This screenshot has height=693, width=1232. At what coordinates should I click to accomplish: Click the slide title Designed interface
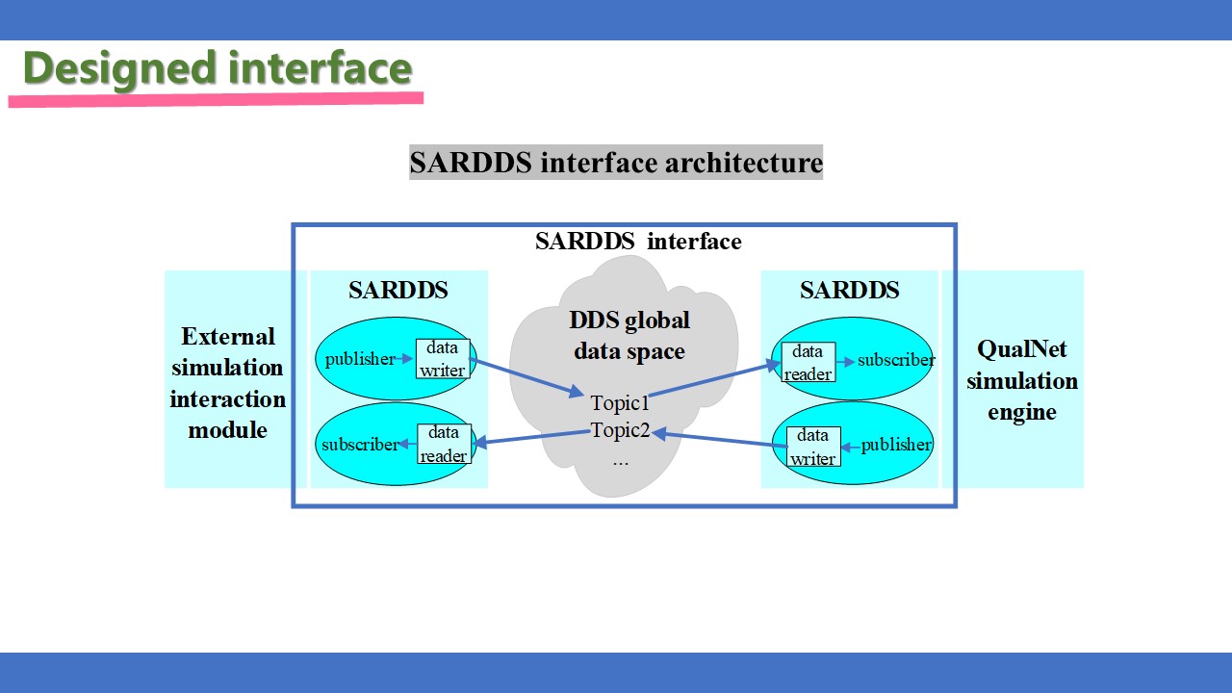pyautogui.click(x=218, y=68)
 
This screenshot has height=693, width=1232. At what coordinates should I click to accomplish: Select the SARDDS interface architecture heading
pyautogui.click(x=616, y=163)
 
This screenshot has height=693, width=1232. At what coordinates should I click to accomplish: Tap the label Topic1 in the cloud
pyautogui.click(x=620, y=403)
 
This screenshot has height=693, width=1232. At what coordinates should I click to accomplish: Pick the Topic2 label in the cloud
pyautogui.click(x=620, y=430)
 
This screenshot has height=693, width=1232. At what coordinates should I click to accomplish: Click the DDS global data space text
pyautogui.click(x=629, y=336)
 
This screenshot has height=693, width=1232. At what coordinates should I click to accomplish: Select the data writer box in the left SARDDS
pyautogui.click(x=443, y=359)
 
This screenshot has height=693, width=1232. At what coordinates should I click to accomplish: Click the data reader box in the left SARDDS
pyautogui.click(x=444, y=444)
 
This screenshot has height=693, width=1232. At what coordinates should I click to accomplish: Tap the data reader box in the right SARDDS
pyautogui.click(x=808, y=362)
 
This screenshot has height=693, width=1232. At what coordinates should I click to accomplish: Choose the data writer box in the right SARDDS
pyautogui.click(x=813, y=447)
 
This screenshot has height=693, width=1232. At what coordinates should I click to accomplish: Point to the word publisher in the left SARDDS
pyautogui.click(x=360, y=359)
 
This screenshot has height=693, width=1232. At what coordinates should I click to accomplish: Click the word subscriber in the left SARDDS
pyautogui.click(x=360, y=445)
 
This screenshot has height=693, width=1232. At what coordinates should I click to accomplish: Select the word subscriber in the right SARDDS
pyautogui.click(x=896, y=360)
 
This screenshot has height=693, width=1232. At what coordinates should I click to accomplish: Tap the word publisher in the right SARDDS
pyautogui.click(x=896, y=445)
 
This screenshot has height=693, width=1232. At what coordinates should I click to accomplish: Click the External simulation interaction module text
pyautogui.click(x=227, y=383)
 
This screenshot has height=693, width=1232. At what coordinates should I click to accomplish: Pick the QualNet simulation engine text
pyautogui.click(x=1022, y=380)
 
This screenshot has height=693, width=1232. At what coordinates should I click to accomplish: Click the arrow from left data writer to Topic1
pyautogui.click(x=526, y=377)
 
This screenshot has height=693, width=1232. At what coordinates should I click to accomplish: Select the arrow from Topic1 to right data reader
pyautogui.click(x=715, y=378)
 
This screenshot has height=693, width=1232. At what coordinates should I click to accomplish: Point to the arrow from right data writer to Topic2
pyautogui.click(x=719, y=439)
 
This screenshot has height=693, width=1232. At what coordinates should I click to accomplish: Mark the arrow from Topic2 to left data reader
pyautogui.click(x=531, y=438)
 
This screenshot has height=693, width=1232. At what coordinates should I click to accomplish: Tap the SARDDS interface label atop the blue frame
pyautogui.click(x=638, y=241)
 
